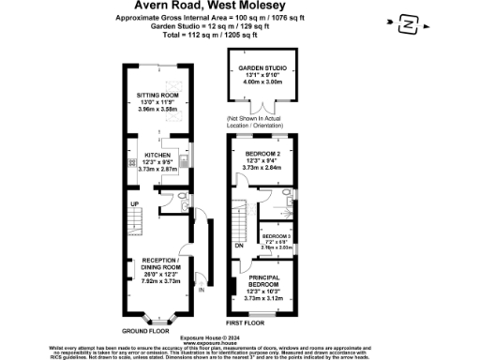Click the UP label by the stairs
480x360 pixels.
(x=135, y=203)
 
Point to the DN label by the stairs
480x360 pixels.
(x=239, y=245)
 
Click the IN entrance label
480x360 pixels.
(x=200, y=290)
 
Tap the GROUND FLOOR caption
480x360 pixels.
(x=146, y=330)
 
